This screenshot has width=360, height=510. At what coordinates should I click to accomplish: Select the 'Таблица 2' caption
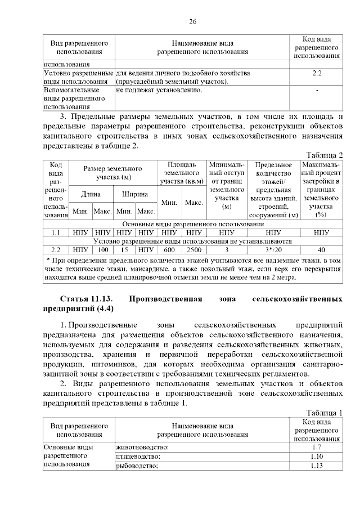click(325, 155)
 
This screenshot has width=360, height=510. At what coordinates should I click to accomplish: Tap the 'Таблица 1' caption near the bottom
click(325, 413)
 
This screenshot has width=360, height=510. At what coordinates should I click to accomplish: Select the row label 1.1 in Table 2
click(56, 231)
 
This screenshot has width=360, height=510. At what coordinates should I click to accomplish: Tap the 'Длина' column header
click(91, 194)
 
